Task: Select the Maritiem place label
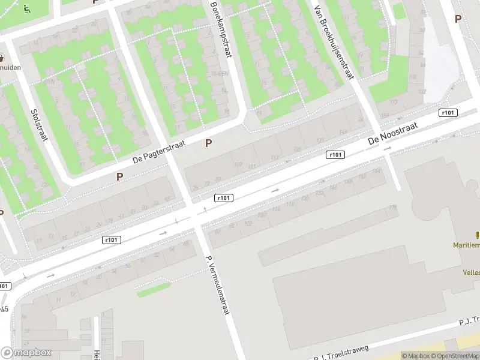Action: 466,244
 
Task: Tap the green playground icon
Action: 26,8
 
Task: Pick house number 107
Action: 238,164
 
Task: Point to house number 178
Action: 393,208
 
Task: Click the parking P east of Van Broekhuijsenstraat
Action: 458,19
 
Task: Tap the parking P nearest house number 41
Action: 119,176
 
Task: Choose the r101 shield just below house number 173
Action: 448,112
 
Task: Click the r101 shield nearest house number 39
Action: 112,239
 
